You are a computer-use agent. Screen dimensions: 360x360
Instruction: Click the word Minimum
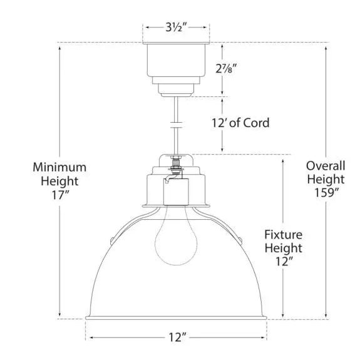(59, 167)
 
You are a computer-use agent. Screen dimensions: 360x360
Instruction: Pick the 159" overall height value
(325, 193)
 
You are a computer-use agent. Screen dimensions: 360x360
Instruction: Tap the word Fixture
(283, 235)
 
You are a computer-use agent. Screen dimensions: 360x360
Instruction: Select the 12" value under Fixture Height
(283, 263)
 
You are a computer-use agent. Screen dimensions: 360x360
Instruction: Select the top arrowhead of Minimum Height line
(59, 45)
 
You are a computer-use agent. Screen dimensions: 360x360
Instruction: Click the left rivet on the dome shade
(113, 239)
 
